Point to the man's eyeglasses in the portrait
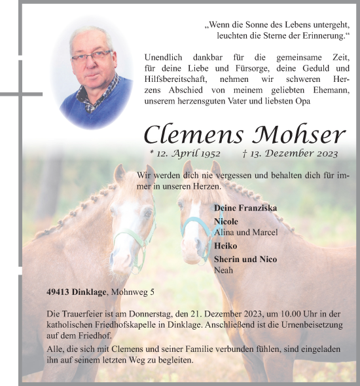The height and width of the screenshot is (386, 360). click(x=92, y=56)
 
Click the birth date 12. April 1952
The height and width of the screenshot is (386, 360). click(x=185, y=154)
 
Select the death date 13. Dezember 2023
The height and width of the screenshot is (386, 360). click(x=290, y=154)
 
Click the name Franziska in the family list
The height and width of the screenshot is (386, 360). click(x=259, y=208)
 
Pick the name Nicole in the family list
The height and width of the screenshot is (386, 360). click(x=228, y=222)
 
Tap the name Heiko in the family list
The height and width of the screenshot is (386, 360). click(x=226, y=246)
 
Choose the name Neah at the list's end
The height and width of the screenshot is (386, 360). click(x=224, y=269)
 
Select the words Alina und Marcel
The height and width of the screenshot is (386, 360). click(x=246, y=232)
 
